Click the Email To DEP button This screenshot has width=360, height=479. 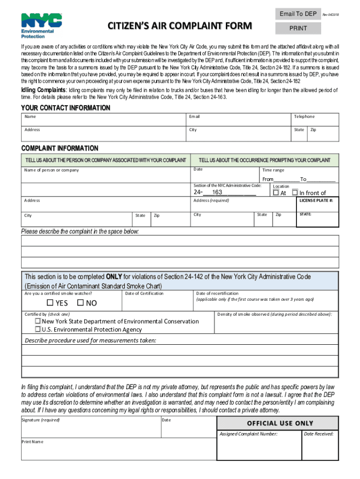(298, 14)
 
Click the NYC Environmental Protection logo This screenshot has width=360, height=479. (42, 26)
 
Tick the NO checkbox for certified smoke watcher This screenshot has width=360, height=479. (80, 303)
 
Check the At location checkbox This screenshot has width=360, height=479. (276, 192)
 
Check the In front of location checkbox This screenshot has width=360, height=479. (295, 192)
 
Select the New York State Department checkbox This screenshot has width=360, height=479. (38, 321)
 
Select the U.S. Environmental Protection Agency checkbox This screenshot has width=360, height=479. (38, 329)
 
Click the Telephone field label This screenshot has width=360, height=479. (304, 116)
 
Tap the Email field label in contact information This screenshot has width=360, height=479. (194, 116)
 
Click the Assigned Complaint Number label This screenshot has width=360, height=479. (248, 434)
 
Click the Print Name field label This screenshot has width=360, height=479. (32, 442)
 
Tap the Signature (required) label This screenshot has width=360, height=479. (41, 420)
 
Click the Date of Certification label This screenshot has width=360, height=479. (144, 293)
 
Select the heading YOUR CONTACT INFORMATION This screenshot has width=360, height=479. (66, 108)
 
